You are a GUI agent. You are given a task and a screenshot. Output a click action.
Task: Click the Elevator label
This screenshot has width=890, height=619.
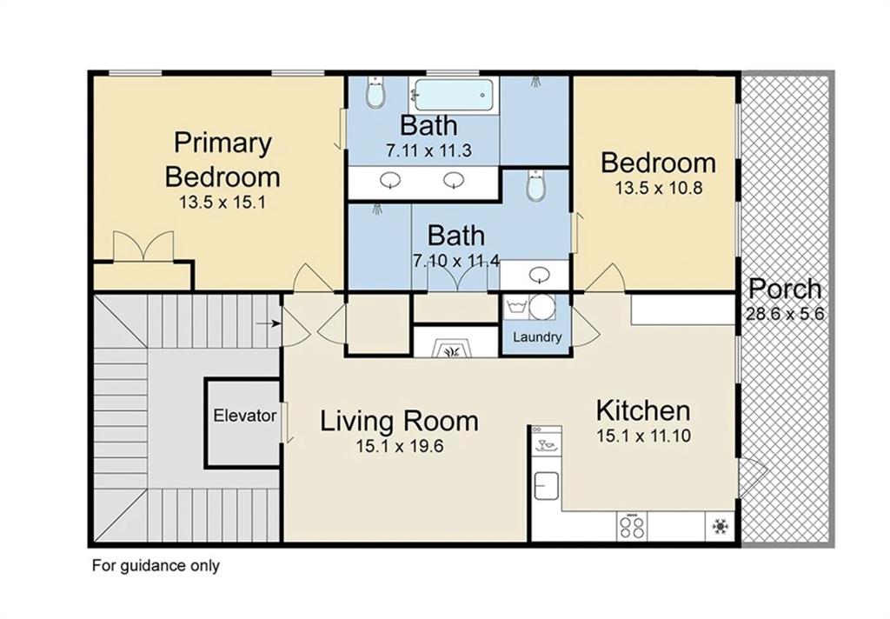tap(244, 416)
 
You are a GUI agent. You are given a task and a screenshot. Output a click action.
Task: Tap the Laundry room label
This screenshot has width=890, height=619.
tap(537, 337)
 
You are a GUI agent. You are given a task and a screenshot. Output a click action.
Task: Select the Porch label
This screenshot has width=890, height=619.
tap(785, 289)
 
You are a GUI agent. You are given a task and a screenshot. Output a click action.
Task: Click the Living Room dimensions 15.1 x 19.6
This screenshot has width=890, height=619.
tap(400, 446)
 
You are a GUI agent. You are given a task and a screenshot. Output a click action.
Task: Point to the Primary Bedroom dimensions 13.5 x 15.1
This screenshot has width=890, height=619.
tap(222, 203)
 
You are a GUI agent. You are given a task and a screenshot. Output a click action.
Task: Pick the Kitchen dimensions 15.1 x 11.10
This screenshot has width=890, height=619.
tap(644, 436)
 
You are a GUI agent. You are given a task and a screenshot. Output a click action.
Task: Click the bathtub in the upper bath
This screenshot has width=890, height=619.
tap(454, 95)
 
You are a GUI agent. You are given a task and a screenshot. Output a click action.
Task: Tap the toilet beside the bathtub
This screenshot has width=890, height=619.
tap(375, 93)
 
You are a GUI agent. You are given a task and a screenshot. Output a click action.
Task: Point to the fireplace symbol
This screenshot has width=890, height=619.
tap(452, 348)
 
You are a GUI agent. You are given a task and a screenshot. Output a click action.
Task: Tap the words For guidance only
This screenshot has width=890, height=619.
tap(156, 566)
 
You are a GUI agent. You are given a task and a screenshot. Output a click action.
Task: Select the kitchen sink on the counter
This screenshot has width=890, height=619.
tap(546, 486)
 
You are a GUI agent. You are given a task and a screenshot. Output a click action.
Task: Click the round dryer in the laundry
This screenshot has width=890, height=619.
tap(543, 308)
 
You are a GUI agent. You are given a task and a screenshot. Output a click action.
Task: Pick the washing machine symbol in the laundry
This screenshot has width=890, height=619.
tap(516, 308)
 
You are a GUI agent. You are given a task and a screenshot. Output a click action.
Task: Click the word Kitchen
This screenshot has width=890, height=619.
tap(643, 411)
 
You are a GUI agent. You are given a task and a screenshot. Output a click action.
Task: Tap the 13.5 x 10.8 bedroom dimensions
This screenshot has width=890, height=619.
tap(659, 188)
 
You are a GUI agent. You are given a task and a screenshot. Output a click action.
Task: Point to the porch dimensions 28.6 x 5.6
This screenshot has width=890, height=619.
tap(785, 314)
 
